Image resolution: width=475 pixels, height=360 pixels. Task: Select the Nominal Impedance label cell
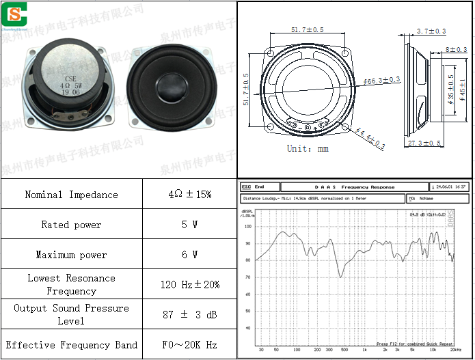[71, 195]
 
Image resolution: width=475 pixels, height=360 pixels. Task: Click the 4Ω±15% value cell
[189, 195]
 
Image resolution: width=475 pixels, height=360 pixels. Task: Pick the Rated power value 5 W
[189, 225]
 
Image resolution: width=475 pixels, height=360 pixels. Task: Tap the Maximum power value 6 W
[189, 255]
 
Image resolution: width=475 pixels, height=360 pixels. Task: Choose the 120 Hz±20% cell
[189, 284]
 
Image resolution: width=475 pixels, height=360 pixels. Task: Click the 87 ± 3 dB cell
[189, 314]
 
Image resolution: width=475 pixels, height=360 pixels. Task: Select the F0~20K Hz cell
[189, 345]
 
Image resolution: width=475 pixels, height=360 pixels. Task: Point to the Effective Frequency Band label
[71, 345]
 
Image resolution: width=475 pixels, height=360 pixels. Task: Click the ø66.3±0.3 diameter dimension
[381, 81]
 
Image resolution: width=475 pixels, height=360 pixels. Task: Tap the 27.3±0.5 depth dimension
[424, 143]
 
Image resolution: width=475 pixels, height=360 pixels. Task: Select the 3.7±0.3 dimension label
[431, 31]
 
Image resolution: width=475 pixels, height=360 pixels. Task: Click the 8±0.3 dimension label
[456, 50]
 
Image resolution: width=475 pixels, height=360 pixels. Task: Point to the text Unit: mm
[308, 148]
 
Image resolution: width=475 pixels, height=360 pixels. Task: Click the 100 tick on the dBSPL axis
[248, 227]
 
